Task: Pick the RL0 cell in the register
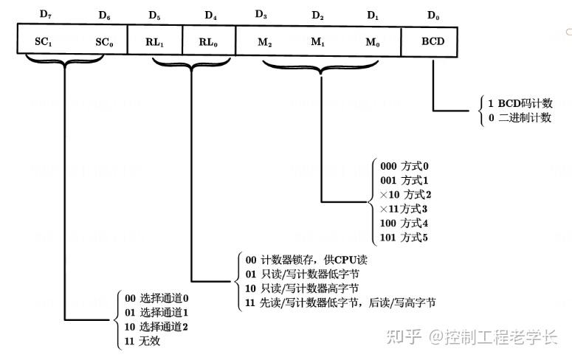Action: tap(209, 42)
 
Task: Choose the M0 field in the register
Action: tap(374, 42)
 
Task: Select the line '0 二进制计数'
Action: tap(520, 118)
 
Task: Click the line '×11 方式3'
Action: tap(403, 209)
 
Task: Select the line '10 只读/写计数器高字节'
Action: tap(302, 288)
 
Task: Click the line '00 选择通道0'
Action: tap(157, 299)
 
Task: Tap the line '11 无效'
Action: tap(142, 342)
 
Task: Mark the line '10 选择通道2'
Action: tap(157, 327)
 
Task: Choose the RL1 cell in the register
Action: tap(154, 42)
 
